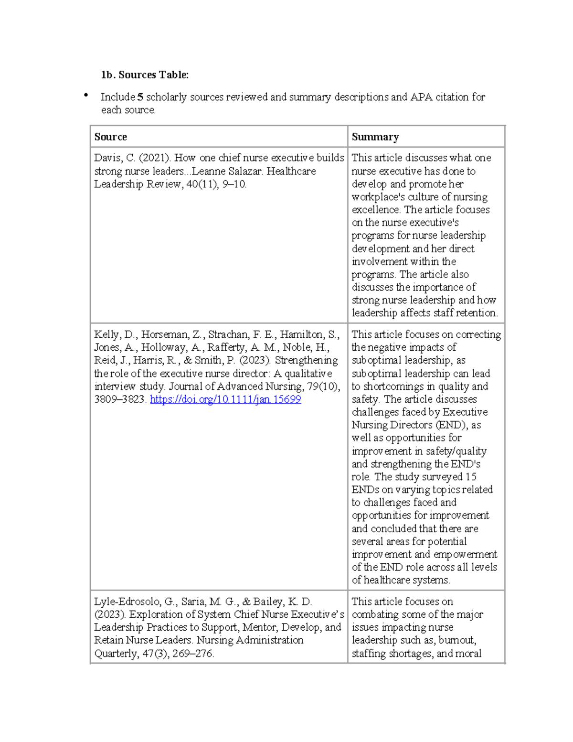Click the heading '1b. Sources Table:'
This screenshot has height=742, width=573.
(x=144, y=75)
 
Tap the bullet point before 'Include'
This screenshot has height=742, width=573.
(x=86, y=96)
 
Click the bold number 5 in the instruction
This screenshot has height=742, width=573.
(x=140, y=97)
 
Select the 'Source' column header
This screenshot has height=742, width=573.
(x=110, y=137)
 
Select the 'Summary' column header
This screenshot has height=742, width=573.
(x=375, y=137)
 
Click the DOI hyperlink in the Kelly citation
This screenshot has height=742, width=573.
(x=225, y=399)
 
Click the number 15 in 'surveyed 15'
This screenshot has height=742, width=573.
(x=471, y=477)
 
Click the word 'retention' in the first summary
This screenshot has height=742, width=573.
(x=476, y=313)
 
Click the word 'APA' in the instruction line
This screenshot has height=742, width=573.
(x=421, y=97)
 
